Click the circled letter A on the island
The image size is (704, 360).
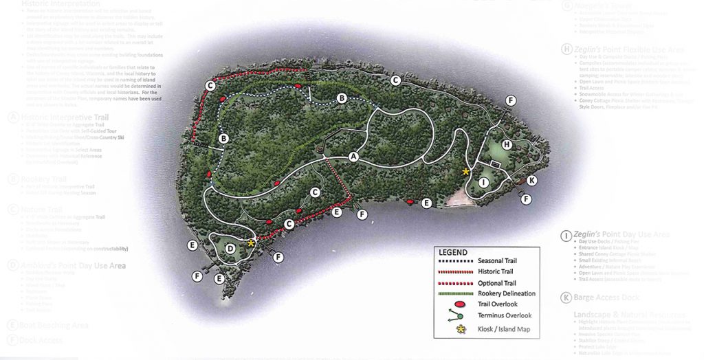353,157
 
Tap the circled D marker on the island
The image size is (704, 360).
231,248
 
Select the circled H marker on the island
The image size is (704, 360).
507,145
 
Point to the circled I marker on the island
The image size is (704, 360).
484,182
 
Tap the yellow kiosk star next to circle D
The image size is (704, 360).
251,243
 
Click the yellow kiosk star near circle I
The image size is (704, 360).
466,171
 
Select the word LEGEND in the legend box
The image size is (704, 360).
453,252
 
